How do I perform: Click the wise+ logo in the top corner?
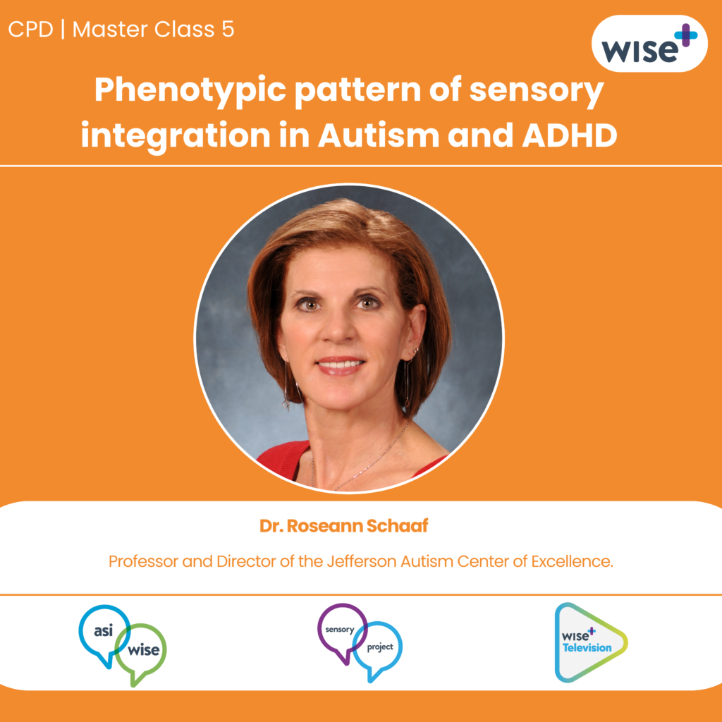point(649,43)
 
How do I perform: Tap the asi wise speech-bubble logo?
point(123,645)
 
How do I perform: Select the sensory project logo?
point(360,643)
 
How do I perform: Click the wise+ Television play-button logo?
point(591,642)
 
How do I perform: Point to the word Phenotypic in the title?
point(190,90)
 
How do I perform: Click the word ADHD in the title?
point(570,135)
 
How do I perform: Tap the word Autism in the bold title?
point(379,135)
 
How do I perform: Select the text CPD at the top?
point(31,30)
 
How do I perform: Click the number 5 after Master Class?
point(228,30)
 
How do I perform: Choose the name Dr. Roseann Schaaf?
point(344,525)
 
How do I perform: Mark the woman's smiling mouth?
point(339,365)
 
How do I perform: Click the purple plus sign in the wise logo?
point(686,35)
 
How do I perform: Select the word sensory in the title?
point(537,90)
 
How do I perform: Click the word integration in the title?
point(176,136)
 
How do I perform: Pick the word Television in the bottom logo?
point(587,648)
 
